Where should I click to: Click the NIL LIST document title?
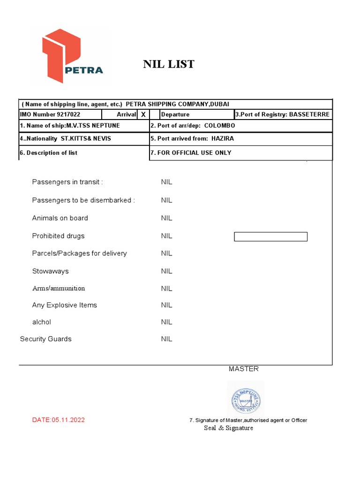click(x=168, y=64)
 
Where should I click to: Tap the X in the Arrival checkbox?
click(x=143, y=114)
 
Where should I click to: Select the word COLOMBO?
click(x=219, y=126)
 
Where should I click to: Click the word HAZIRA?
click(x=222, y=139)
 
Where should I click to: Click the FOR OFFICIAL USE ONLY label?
click(x=195, y=153)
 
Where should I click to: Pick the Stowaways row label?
click(x=50, y=271)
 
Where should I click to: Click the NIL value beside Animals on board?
click(x=166, y=218)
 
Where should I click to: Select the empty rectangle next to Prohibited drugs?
click(x=270, y=237)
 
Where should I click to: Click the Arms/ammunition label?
click(x=59, y=288)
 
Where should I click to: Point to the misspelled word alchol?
click(x=42, y=322)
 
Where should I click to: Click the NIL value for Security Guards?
click(x=166, y=339)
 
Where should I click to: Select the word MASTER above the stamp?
click(x=243, y=369)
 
